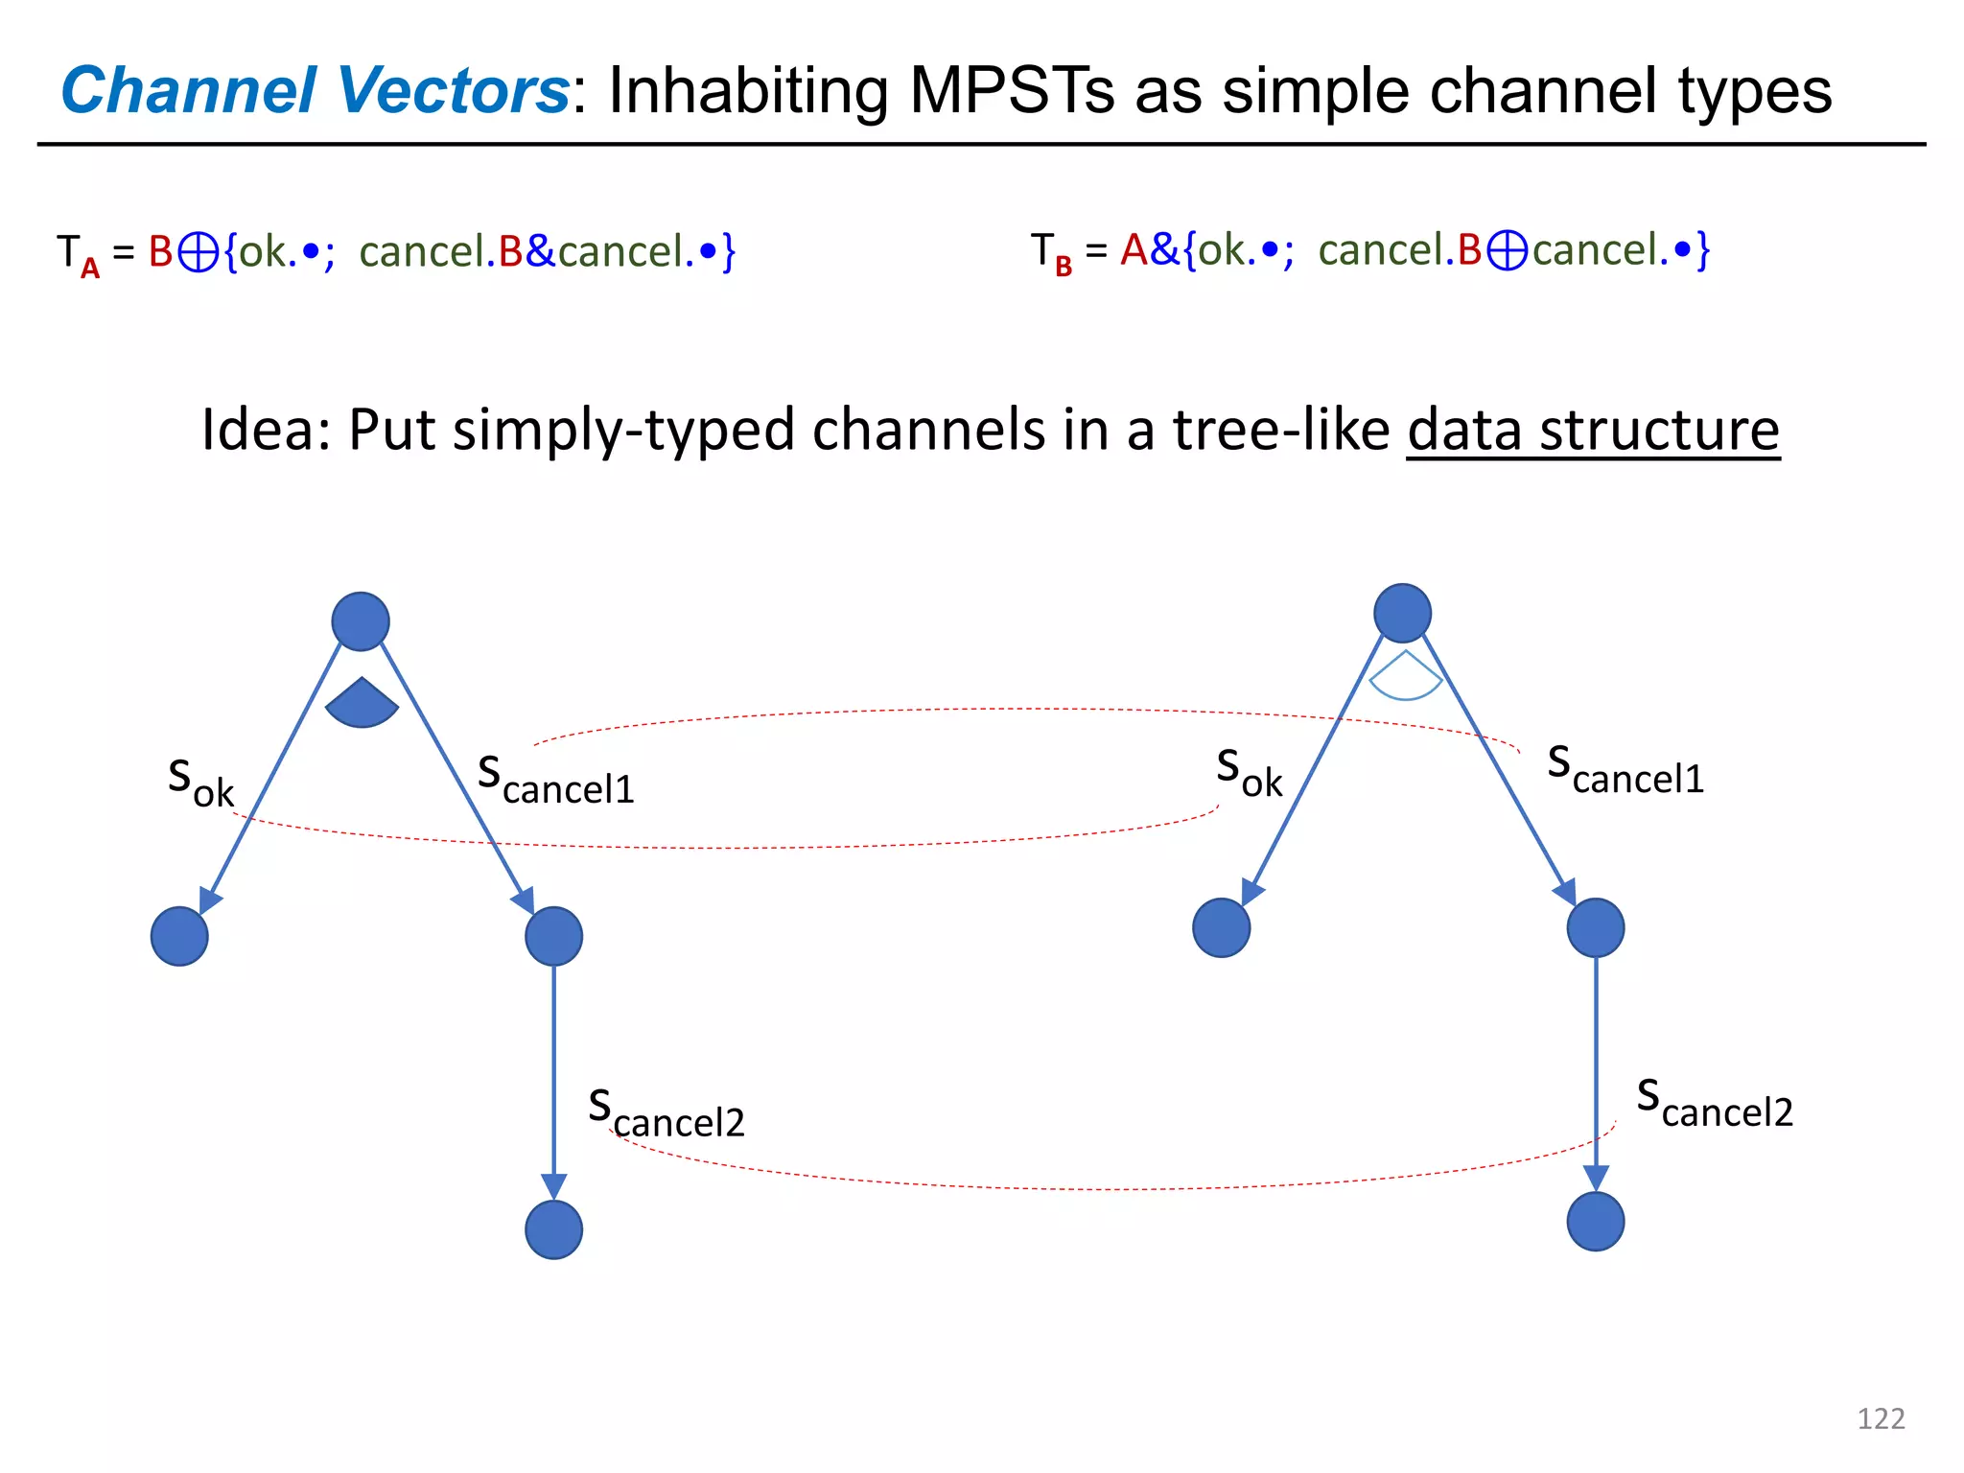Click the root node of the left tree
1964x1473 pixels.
[361, 621]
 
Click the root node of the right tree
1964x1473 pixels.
[1402, 613]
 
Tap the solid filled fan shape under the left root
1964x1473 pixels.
[362, 705]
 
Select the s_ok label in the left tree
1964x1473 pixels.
[200, 782]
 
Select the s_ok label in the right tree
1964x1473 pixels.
[1249, 772]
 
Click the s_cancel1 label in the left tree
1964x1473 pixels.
[556, 780]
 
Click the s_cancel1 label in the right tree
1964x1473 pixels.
[1625, 770]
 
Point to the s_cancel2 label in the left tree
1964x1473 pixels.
[666, 1113]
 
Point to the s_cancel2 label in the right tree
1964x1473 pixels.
[1715, 1103]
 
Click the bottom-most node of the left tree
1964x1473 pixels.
[553, 1229]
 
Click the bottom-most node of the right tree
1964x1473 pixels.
[1595, 1221]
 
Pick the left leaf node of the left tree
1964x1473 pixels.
[179, 936]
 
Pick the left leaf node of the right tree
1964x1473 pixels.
[1221, 927]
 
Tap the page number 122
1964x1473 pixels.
[1881, 1418]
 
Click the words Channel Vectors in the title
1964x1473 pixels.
[316, 91]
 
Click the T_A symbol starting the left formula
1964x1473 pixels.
[77, 254]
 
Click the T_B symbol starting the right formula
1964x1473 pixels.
[1051, 252]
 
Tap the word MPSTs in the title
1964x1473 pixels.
[1011, 91]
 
